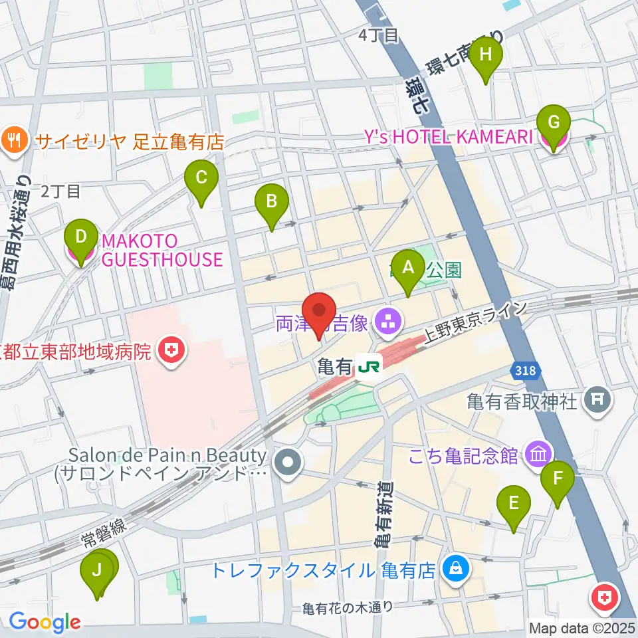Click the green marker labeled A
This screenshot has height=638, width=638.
(x=408, y=268)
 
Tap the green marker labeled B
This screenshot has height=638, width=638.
(x=271, y=201)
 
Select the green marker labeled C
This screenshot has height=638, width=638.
(x=202, y=178)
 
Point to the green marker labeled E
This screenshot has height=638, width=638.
(x=514, y=503)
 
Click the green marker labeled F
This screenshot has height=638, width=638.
(x=558, y=478)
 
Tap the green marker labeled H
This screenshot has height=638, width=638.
(x=486, y=55)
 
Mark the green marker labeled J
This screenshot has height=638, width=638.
(x=98, y=570)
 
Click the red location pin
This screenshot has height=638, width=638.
(x=319, y=312)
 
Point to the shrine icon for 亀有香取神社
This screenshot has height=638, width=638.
(x=595, y=400)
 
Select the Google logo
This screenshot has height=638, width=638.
(x=44, y=621)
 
